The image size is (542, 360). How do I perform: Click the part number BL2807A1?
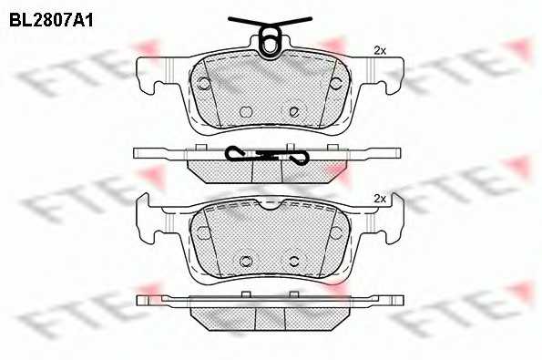[51, 21]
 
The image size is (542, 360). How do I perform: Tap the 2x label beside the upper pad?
[380, 51]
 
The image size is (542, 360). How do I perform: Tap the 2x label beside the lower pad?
[380, 199]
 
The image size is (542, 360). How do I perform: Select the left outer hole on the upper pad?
[204, 83]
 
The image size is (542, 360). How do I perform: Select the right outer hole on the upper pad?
[335, 83]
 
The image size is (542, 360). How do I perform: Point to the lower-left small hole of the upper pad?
[246, 111]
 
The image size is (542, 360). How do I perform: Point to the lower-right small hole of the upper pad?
[294, 111]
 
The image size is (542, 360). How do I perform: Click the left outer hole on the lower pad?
[204, 232]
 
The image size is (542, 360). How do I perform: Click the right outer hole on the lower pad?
[335, 232]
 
